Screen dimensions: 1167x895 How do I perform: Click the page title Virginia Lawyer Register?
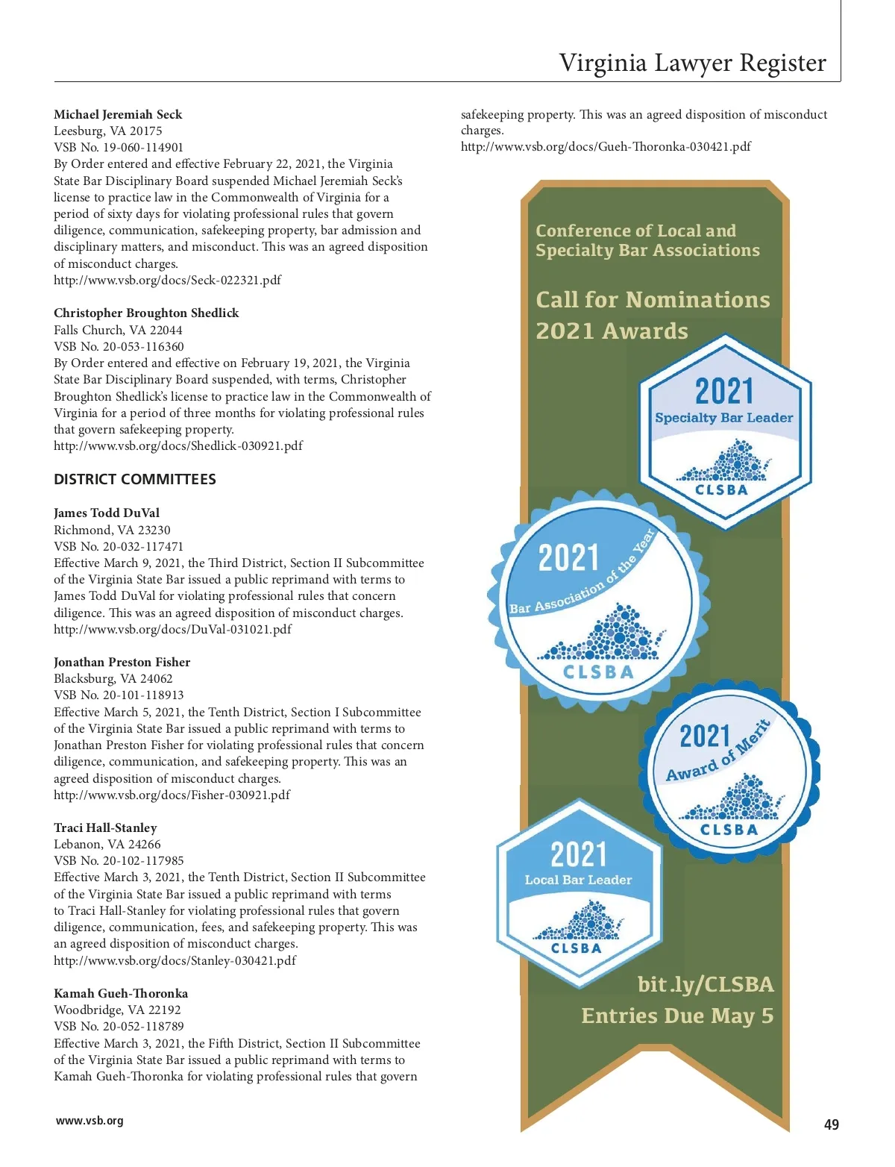692,63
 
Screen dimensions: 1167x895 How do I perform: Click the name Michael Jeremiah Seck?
118,114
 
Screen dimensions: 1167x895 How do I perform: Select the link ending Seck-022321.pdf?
167,281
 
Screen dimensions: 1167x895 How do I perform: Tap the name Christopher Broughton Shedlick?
146,313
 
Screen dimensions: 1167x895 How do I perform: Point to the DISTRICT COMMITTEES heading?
135,480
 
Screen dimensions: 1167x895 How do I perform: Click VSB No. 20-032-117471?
119,546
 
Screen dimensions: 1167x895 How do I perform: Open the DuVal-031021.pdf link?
172,630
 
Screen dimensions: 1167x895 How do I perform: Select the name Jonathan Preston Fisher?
122,663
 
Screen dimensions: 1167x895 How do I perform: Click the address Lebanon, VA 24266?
107,845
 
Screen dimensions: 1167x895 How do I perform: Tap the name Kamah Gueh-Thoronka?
121,994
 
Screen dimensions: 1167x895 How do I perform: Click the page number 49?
831,1124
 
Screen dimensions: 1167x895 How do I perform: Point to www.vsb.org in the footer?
89,1121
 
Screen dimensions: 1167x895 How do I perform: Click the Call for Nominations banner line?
653,300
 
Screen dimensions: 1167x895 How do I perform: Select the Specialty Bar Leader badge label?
723,418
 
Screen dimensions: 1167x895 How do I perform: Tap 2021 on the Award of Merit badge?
704,736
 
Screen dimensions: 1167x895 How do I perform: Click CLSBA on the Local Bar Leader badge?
577,948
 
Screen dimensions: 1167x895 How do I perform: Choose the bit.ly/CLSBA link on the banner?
706,985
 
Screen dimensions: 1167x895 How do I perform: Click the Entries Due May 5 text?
677,1016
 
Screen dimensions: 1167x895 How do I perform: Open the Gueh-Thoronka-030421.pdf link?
606,147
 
